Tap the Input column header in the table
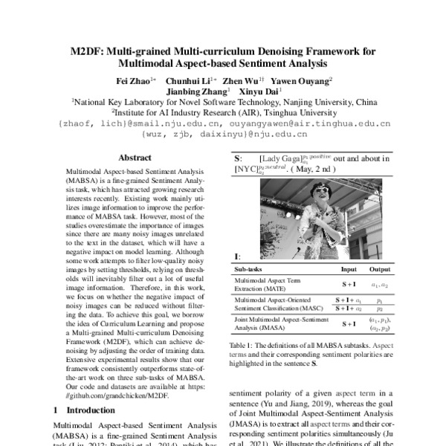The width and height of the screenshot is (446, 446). point(348,269)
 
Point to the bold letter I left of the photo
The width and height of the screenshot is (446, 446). point(236,256)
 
